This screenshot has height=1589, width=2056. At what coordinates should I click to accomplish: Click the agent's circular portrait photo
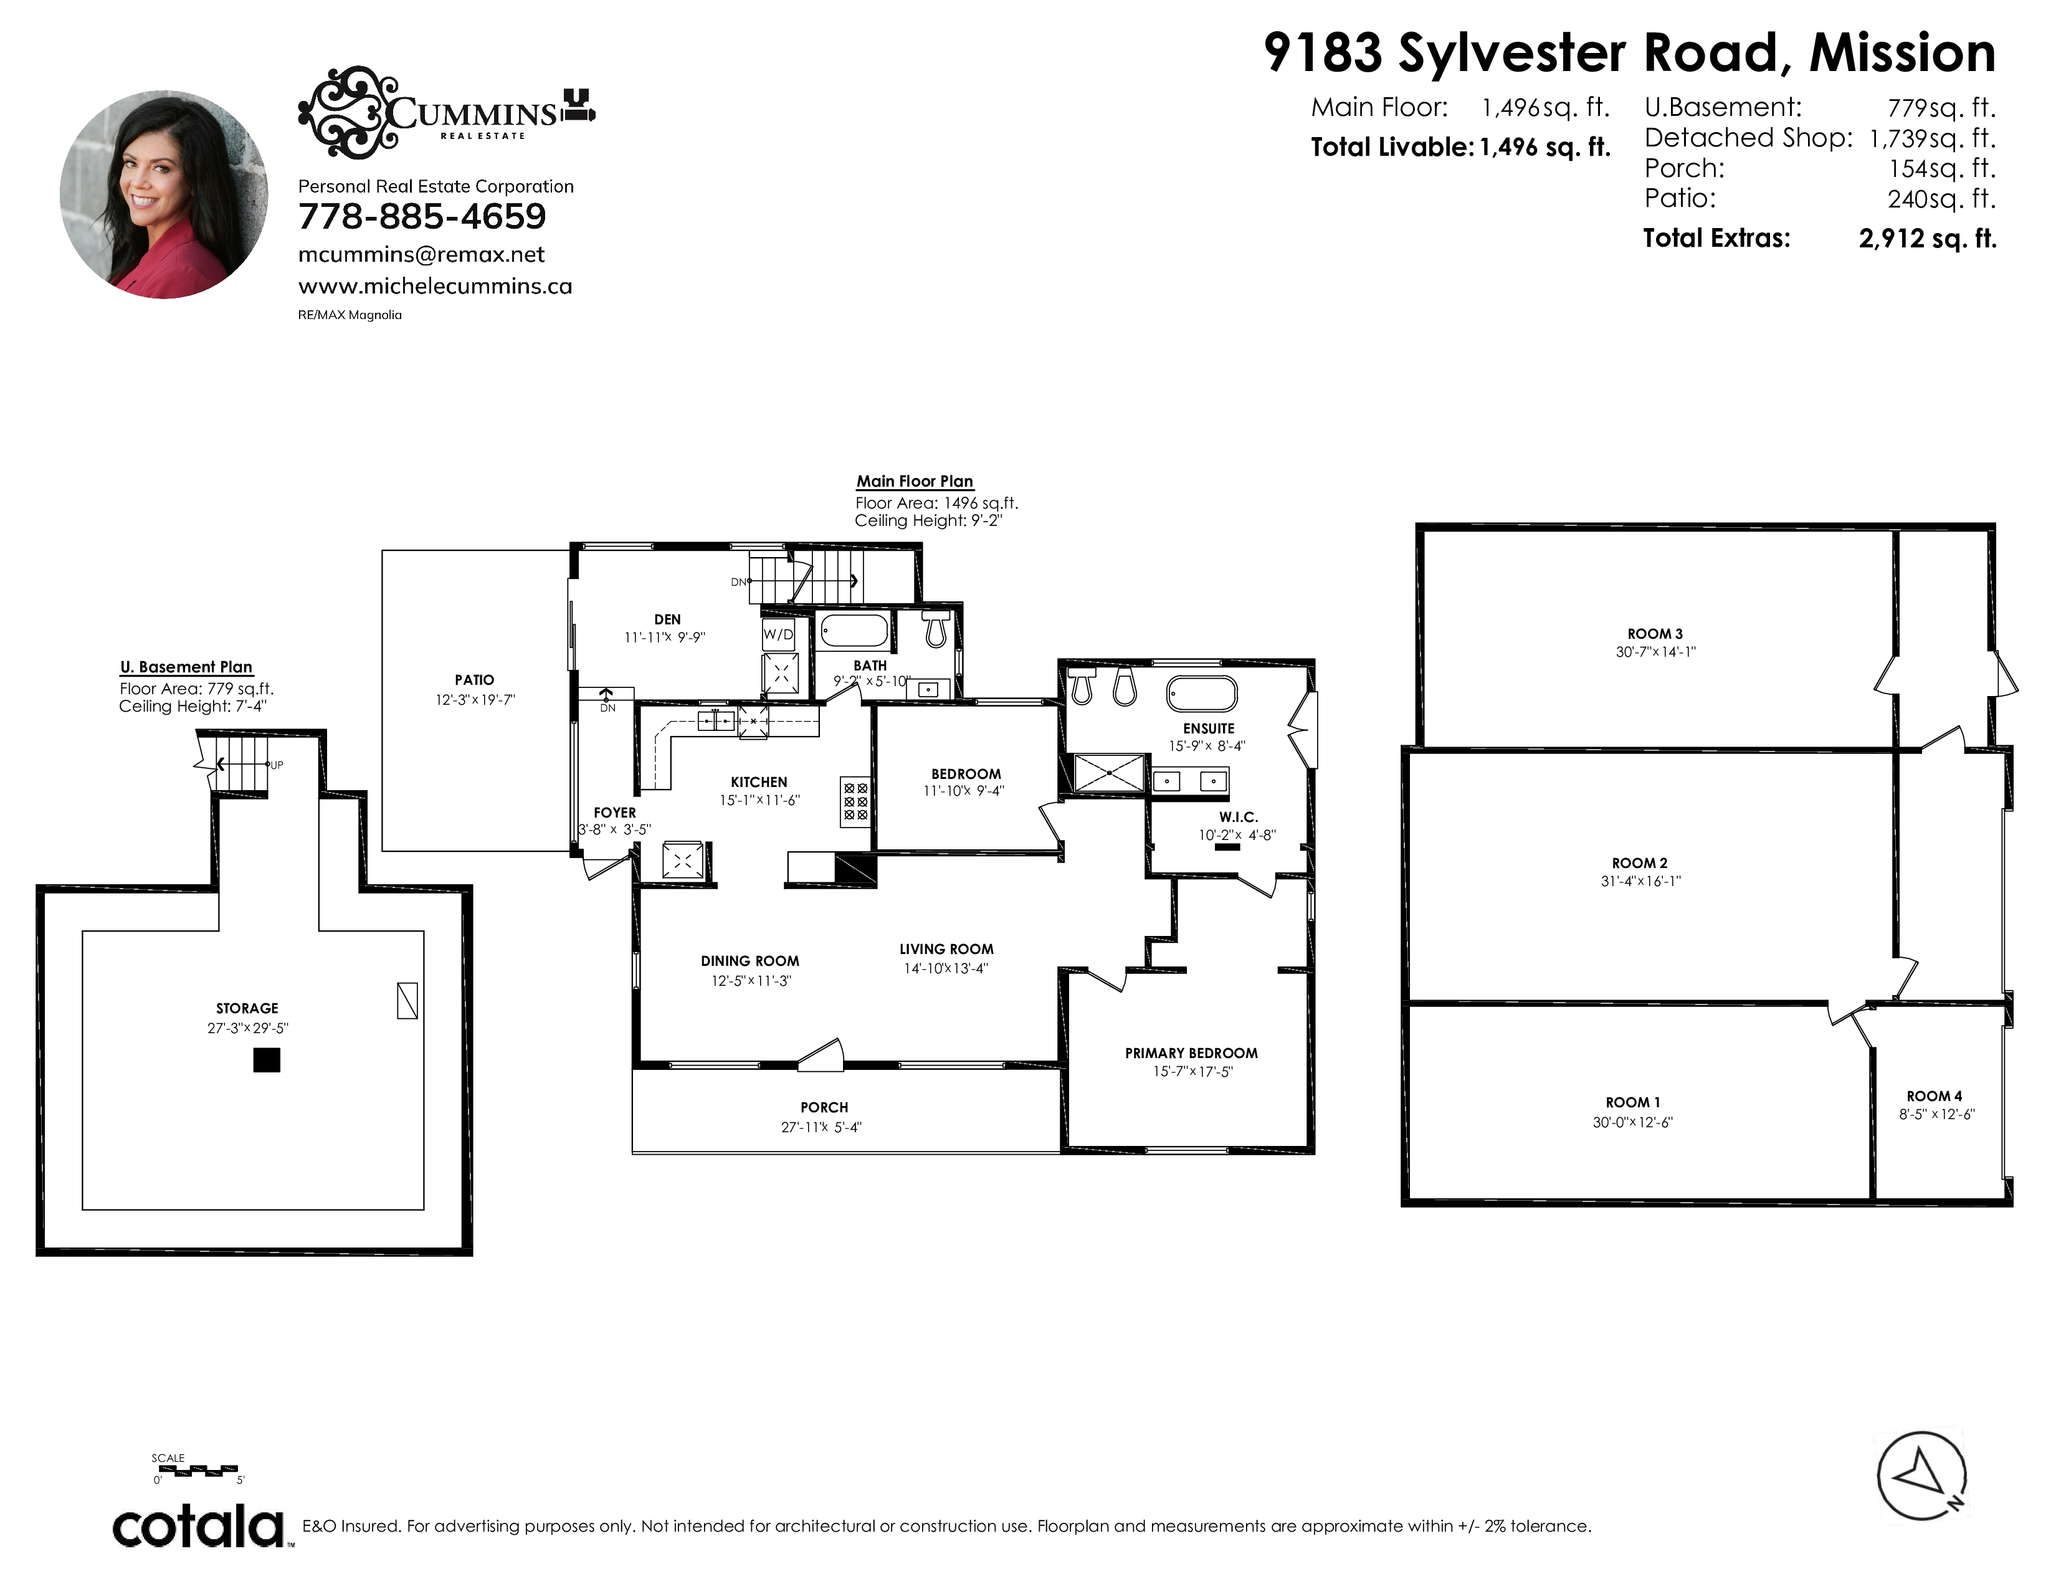[164, 195]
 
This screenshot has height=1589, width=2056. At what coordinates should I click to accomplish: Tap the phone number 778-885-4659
[422, 216]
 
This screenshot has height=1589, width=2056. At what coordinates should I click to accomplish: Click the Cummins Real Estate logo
[446, 111]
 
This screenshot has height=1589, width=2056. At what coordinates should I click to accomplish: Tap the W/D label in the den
[778, 634]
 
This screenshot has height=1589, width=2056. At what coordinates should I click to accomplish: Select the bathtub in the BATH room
[854, 630]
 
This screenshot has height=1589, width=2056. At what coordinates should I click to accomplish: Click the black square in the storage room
[267, 1060]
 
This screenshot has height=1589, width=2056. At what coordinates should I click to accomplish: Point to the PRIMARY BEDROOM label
[1191, 1052]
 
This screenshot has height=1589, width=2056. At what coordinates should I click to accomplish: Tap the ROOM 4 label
[1935, 1095]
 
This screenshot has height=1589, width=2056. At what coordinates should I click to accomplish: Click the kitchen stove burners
[855, 802]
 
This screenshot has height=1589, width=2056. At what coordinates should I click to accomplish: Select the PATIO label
[475, 680]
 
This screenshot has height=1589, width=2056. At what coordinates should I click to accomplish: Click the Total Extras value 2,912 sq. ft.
[1927, 238]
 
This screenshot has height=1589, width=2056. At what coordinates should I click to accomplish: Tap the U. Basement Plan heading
[186, 667]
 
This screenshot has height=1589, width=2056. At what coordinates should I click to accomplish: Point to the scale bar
[196, 1469]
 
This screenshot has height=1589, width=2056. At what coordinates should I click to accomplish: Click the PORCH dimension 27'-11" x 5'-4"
[821, 1127]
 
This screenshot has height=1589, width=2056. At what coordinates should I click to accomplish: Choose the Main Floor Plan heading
[914, 481]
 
